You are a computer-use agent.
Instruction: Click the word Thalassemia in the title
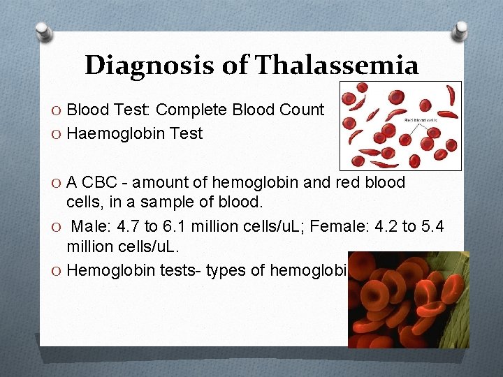(x=337, y=66)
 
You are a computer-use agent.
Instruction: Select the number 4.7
(x=126, y=228)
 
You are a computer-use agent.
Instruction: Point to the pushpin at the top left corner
(x=43, y=31)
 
